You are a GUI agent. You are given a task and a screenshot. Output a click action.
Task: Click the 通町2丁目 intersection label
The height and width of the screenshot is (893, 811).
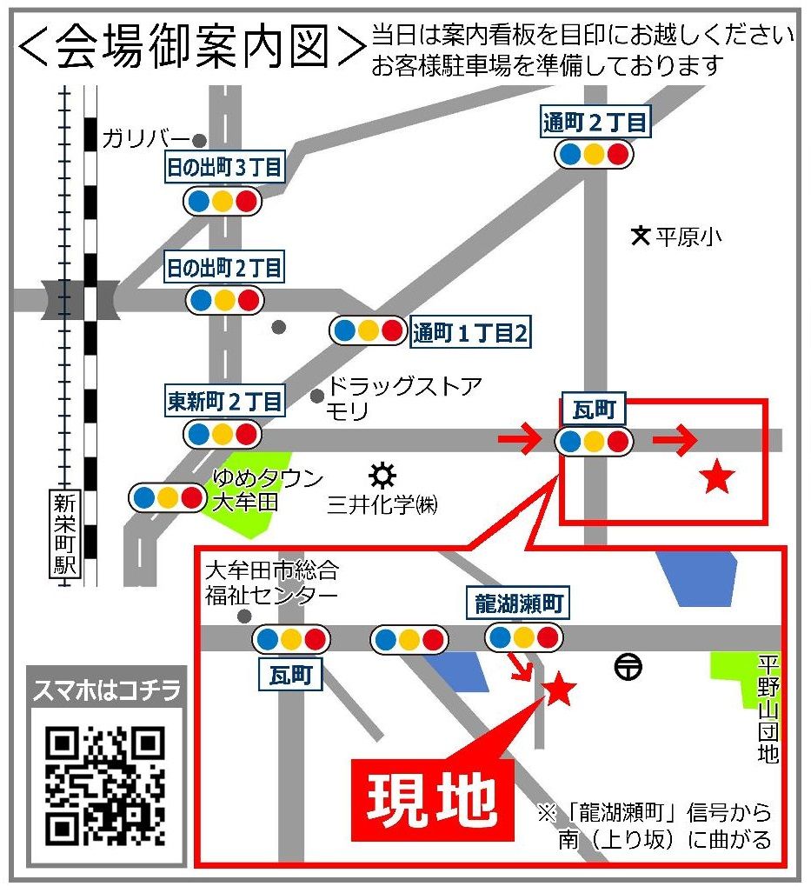coord(595,123)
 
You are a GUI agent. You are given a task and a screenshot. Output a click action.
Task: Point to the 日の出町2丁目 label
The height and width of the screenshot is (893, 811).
coord(225,268)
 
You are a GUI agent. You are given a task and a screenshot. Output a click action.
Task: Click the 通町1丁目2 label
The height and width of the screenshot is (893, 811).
coord(470,333)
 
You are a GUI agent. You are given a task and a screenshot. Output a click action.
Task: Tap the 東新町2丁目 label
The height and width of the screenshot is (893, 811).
coord(225,402)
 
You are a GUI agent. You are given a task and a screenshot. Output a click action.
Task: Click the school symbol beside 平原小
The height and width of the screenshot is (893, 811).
coord(641,235)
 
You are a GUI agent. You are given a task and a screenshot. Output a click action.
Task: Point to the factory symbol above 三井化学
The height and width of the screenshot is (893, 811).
coord(382,476)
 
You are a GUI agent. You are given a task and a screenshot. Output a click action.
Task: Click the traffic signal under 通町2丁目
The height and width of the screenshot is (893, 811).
coord(595,155)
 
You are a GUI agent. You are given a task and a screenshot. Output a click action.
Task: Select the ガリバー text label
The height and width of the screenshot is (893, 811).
coord(146,138)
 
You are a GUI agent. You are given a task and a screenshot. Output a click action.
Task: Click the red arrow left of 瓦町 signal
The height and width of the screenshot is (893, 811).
coord(520,442)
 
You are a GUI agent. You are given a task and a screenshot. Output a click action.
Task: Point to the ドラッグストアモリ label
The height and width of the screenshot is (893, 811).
coord(402,397)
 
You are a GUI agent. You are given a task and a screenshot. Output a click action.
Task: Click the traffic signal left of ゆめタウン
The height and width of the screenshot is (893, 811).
coord(168,497)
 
